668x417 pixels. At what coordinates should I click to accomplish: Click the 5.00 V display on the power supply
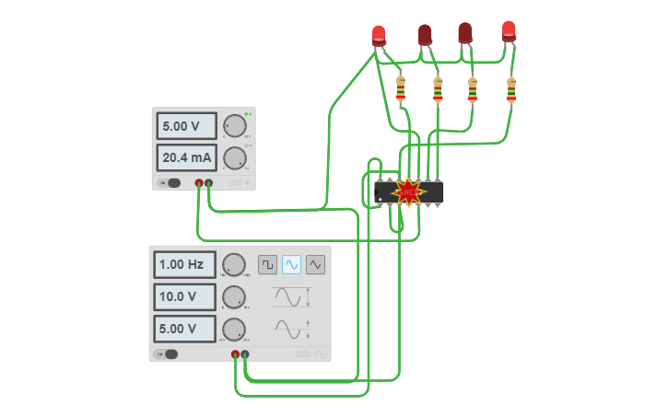point(187,126)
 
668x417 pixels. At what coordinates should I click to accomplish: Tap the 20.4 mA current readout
point(187,158)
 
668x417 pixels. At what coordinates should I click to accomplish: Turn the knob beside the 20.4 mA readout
point(235,158)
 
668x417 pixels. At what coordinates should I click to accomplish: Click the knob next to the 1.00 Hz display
point(234,265)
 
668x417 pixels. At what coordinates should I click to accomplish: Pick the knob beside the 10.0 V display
point(234,297)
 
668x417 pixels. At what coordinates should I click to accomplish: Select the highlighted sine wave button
point(291,265)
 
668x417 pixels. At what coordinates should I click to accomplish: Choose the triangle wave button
point(316,265)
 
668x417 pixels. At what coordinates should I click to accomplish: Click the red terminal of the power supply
point(199,183)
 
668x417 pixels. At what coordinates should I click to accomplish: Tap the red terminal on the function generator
point(235,353)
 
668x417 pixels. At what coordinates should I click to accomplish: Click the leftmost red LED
point(379,35)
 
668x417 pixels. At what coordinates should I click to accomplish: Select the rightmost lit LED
point(509,30)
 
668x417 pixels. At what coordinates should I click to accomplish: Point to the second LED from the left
point(425,35)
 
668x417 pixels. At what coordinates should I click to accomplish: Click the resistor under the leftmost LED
point(400,89)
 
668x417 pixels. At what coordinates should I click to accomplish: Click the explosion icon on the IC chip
point(408,191)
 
